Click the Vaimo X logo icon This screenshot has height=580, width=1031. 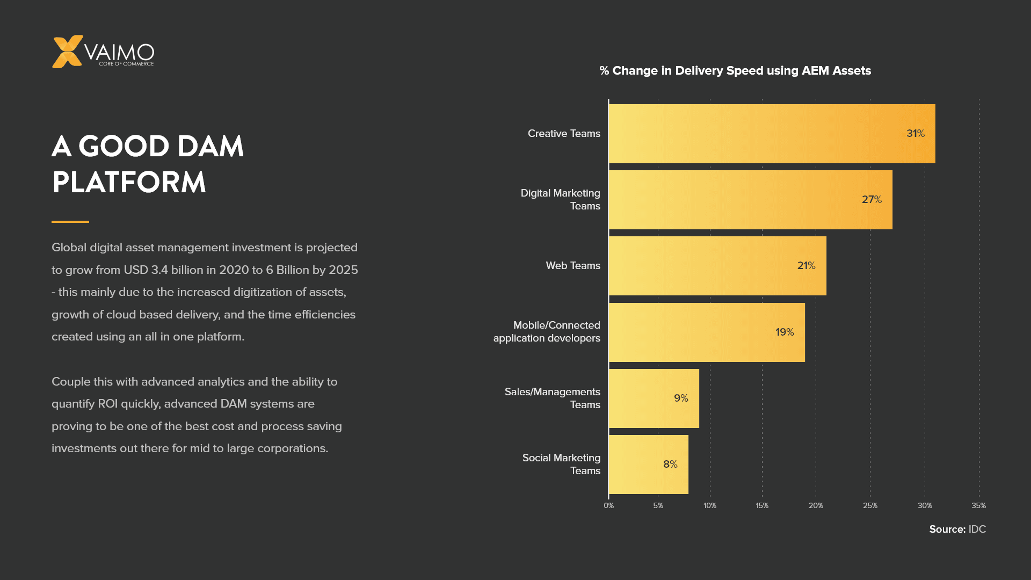pyautogui.click(x=67, y=52)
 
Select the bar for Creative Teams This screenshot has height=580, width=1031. pyautogui.click(x=771, y=134)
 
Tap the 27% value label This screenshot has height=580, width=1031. pyautogui.click(x=871, y=200)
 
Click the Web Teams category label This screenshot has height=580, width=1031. pyautogui.click(x=572, y=266)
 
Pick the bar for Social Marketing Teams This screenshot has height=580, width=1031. pyautogui.click(x=648, y=465)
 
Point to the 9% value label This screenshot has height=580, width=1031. pyautogui.click(x=680, y=398)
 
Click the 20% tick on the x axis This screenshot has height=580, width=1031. pyautogui.click(x=815, y=506)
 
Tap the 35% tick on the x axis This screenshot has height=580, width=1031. pyautogui.click(x=978, y=506)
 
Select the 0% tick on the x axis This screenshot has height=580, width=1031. pyautogui.click(x=608, y=506)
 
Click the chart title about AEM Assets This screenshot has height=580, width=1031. pyautogui.click(x=735, y=71)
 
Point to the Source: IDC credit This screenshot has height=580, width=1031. pyautogui.click(x=957, y=530)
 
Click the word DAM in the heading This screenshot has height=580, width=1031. pyautogui.click(x=210, y=147)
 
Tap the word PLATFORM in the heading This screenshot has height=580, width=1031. pyautogui.click(x=129, y=183)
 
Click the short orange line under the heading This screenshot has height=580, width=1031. pyautogui.click(x=70, y=222)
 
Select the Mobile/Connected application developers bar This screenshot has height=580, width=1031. pyautogui.click(x=706, y=332)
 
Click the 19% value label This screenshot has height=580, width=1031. pyautogui.click(x=784, y=332)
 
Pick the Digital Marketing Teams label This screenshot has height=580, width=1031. pyautogui.click(x=560, y=200)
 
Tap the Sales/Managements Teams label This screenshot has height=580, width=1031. pyautogui.click(x=552, y=398)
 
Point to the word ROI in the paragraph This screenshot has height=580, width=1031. pyautogui.click(x=107, y=404)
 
